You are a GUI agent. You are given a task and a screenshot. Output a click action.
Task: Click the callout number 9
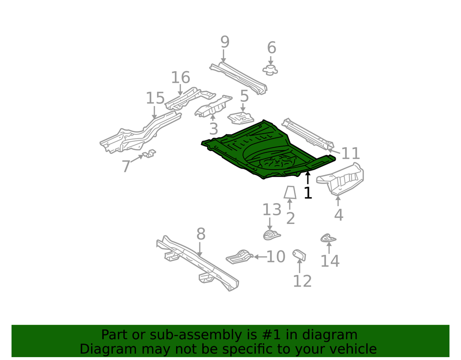tap(225, 42)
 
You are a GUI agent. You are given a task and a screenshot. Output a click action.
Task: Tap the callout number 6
tap(272, 48)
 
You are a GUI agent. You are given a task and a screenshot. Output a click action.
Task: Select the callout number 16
tap(181, 78)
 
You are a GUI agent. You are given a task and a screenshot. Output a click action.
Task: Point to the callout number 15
tap(155, 98)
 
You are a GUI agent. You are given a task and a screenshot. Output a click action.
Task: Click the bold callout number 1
tap(308, 193)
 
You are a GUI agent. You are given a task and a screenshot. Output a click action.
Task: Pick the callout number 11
tap(351, 153)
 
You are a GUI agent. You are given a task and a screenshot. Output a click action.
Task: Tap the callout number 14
tap(330, 261)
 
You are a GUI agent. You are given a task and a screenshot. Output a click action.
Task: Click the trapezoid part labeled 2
tap(290, 192)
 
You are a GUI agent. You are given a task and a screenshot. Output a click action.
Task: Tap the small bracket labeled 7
tap(149, 153)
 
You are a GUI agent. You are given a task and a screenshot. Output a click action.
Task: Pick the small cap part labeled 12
tap(299, 255)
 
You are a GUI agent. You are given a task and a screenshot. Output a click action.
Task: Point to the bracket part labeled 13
tap(271, 235)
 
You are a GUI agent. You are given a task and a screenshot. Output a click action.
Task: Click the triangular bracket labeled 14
tap(328, 238)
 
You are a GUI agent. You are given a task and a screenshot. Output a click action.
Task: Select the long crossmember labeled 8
tap(197, 263)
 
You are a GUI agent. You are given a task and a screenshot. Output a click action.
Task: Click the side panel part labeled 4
tap(341, 179)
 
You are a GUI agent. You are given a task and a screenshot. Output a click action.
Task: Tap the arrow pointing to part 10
tap(260, 257)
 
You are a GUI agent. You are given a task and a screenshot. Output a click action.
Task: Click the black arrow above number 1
tap(307, 178)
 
